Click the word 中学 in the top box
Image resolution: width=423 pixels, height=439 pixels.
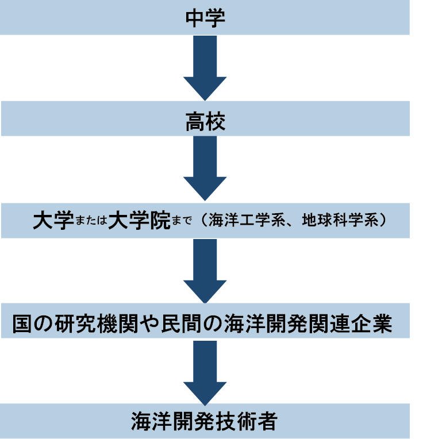(x=205, y=17)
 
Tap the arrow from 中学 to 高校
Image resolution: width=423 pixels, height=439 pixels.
(x=205, y=67)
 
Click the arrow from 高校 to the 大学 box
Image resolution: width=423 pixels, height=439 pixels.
(x=205, y=169)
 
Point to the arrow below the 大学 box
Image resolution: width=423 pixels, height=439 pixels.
(x=205, y=270)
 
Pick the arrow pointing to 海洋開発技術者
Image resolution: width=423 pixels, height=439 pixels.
(x=205, y=372)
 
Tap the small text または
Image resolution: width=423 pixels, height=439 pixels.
(x=92, y=222)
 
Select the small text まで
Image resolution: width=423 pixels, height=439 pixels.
(x=182, y=222)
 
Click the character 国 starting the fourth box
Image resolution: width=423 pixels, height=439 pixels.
(x=24, y=325)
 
